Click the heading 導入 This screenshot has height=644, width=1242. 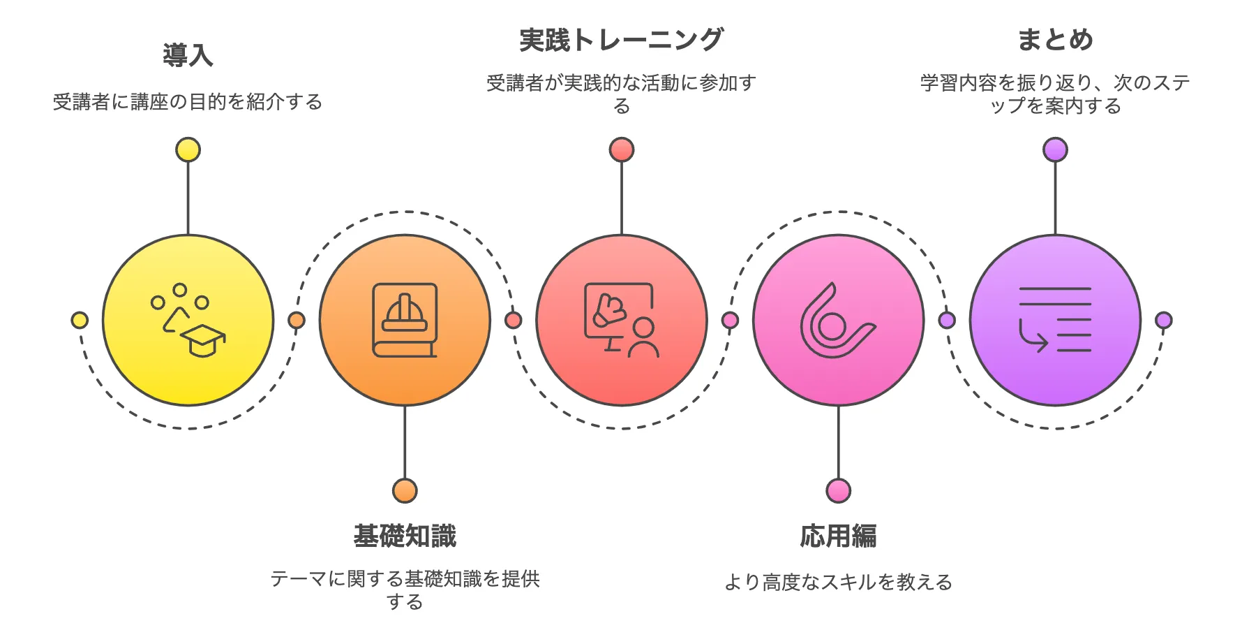click(x=188, y=56)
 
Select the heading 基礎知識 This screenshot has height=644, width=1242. click(x=405, y=536)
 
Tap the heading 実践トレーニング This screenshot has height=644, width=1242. click(x=621, y=40)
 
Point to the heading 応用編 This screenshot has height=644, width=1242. click(x=838, y=536)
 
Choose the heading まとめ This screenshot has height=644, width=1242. click(x=1055, y=40)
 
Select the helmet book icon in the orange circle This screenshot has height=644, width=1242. click(x=405, y=321)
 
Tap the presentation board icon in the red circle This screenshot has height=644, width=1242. click(x=621, y=321)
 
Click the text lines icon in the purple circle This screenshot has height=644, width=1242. click(x=1055, y=321)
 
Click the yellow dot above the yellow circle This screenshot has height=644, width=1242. click(x=188, y=150)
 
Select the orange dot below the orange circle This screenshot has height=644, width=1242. click(x=405, y=491)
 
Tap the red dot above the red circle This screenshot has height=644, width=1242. click(x=622, y=150)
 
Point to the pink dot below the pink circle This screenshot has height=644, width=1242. click(x=838, y=491)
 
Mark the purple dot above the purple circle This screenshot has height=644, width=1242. click(x=1055, y=150)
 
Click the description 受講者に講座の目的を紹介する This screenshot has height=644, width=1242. click(x=188, y=102)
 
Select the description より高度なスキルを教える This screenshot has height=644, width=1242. click(x=838, y=582)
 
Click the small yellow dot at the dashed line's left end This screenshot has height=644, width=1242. click(x=80, y=321)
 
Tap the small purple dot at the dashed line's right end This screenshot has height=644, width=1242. click(x=1163, y=321)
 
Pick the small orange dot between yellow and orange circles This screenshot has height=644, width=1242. click(x=297, y=321)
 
